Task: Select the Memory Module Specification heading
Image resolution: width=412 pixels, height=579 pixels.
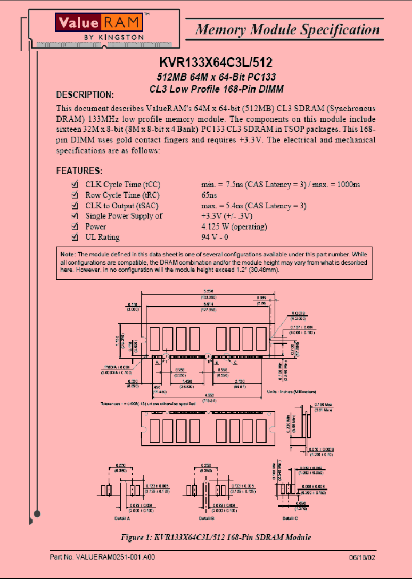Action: pyautogui.click(x=287, y=29)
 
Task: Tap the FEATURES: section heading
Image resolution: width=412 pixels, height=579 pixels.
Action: pyautogui.click(x=79, y=170)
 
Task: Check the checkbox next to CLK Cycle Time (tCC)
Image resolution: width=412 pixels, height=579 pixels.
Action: pyautogui.click(x=74, y=184)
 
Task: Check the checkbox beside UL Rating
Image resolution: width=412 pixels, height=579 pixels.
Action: pyautogui.click(x=74, y=237)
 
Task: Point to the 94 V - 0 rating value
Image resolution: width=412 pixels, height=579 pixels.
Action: pyautogui.click(x=215, y=237)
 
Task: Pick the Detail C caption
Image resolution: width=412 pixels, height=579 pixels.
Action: pyautogui.click(x=290, y=518)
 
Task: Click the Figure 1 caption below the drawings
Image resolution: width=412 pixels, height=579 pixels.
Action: pyautogui.click(x=216, y=537)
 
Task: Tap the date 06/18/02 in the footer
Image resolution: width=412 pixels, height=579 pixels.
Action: pyautogui.click(x=362, y=557)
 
